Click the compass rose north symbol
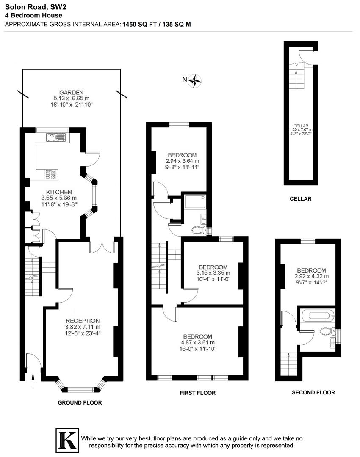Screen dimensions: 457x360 tap(195, 80)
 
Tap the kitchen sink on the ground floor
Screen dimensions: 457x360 tap(55, 137)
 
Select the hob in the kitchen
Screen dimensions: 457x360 tap(51, 174)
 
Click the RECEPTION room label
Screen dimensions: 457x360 tap(83, 321)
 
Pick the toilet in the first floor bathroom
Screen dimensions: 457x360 tap(198, 230)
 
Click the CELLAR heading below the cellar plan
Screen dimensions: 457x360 tap(300, 198)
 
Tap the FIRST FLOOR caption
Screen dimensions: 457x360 tap(198, 393)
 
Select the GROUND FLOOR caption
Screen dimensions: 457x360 tap(80, 402)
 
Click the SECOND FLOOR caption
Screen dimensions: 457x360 tap(313, 392)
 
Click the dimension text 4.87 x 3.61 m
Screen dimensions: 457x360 tap(198, 342)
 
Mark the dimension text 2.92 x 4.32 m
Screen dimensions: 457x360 tap(311, 277)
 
